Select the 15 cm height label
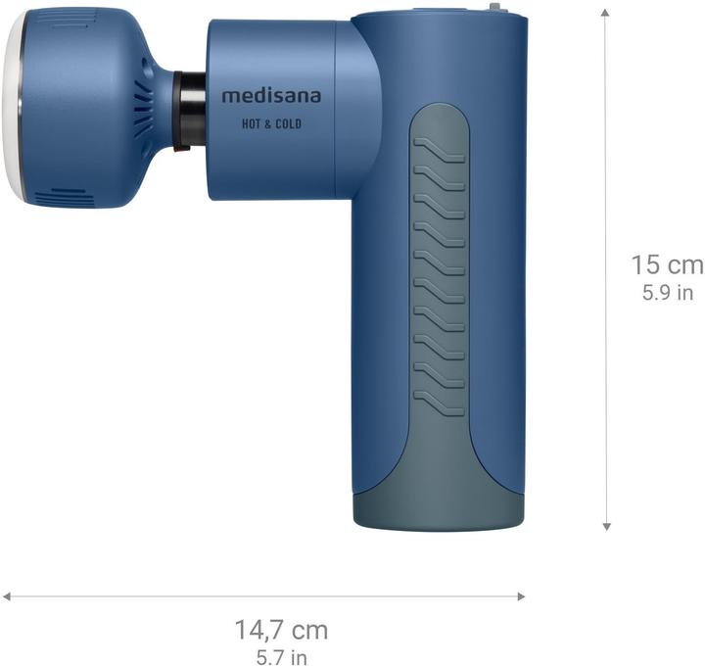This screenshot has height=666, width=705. pos(666,264)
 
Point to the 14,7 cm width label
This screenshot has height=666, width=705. pos(280,629)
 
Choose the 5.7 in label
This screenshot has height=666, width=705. pos(280,656)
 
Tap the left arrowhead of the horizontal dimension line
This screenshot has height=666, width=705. pos(7,595)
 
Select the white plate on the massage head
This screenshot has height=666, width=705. pos(14,108)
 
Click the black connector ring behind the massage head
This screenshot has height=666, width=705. pos(190,110)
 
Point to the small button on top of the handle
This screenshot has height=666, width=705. pos(494,8)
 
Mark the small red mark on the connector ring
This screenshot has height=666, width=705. pos(178,150)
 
